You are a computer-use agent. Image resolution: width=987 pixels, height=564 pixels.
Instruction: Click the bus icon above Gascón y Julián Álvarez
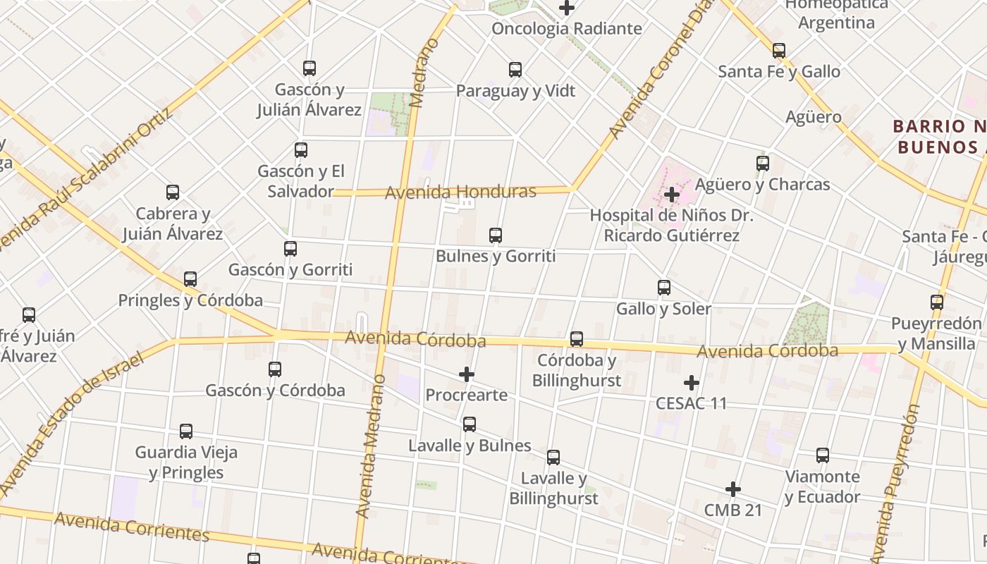coord(309,68)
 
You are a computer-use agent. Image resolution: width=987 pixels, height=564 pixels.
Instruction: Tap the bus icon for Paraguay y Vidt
coord(515,70)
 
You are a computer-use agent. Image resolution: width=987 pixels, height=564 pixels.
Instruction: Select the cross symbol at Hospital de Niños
coord(672,194)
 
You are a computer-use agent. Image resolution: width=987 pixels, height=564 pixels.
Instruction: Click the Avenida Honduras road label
coord(460,192)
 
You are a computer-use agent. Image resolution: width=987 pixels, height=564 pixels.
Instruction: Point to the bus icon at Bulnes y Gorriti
coord(496,235)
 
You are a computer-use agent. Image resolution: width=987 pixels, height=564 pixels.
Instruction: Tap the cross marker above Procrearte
coord(467,374)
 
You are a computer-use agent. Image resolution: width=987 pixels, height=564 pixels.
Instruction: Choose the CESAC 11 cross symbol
coord(692,383)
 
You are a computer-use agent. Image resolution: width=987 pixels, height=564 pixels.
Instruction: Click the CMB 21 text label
coord(733,510)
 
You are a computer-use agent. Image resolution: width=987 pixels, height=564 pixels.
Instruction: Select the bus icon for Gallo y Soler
coord(663,288)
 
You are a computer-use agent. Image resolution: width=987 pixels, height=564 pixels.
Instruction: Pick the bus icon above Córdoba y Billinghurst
coord(577,339)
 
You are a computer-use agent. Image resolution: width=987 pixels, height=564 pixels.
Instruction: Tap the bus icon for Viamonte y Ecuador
coord(823,455)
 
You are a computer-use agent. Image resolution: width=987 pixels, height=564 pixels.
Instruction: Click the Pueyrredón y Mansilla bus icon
coord(937,302)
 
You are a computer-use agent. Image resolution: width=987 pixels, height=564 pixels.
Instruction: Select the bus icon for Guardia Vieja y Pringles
coord(186,431)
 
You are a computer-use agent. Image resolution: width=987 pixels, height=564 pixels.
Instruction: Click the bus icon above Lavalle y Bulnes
coord(470,424)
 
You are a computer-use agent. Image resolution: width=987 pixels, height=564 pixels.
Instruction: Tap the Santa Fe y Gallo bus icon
coord(779,51)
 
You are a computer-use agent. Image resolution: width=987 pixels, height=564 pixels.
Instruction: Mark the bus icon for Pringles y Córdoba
coord(190,279)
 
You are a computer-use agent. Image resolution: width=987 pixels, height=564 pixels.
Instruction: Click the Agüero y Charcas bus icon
coord(763,164)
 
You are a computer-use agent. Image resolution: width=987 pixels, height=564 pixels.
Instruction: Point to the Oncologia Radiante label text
coord(567,29)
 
